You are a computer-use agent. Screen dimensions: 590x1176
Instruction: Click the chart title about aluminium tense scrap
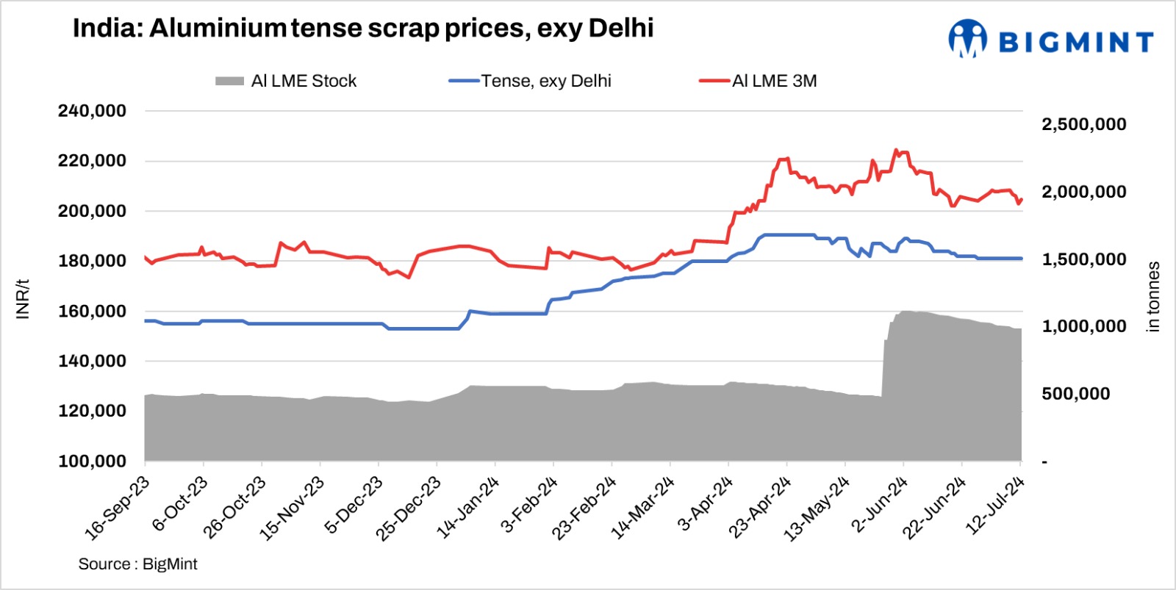[x=363, y=29]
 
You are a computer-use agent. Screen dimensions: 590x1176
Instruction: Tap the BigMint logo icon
[x=967, y=38]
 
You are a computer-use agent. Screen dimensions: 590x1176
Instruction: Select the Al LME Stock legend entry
[x=286, y=81]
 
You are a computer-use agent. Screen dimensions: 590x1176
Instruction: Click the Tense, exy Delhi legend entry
[x=530, y=81]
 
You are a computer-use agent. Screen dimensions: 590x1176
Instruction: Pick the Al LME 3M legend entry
[x=758, y=81]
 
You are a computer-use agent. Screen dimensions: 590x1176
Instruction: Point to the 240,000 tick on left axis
[x=92, y=111]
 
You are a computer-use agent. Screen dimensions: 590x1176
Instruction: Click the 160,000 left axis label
[x=92, y=311]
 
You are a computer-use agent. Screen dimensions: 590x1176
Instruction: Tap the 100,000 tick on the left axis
[x=92, y=461]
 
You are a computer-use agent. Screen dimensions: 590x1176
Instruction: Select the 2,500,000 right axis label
[x=1083, y=124]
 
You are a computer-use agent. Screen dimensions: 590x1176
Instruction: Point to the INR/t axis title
[x=23, y=298]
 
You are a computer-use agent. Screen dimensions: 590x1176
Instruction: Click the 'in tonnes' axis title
[x=1153, y=297]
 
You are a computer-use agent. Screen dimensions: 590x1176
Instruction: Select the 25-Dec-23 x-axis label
[x=409, y=508]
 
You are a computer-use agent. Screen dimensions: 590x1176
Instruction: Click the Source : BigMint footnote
[x=137, y=564]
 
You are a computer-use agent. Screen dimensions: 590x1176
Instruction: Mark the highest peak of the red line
[x=895, y=150]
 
